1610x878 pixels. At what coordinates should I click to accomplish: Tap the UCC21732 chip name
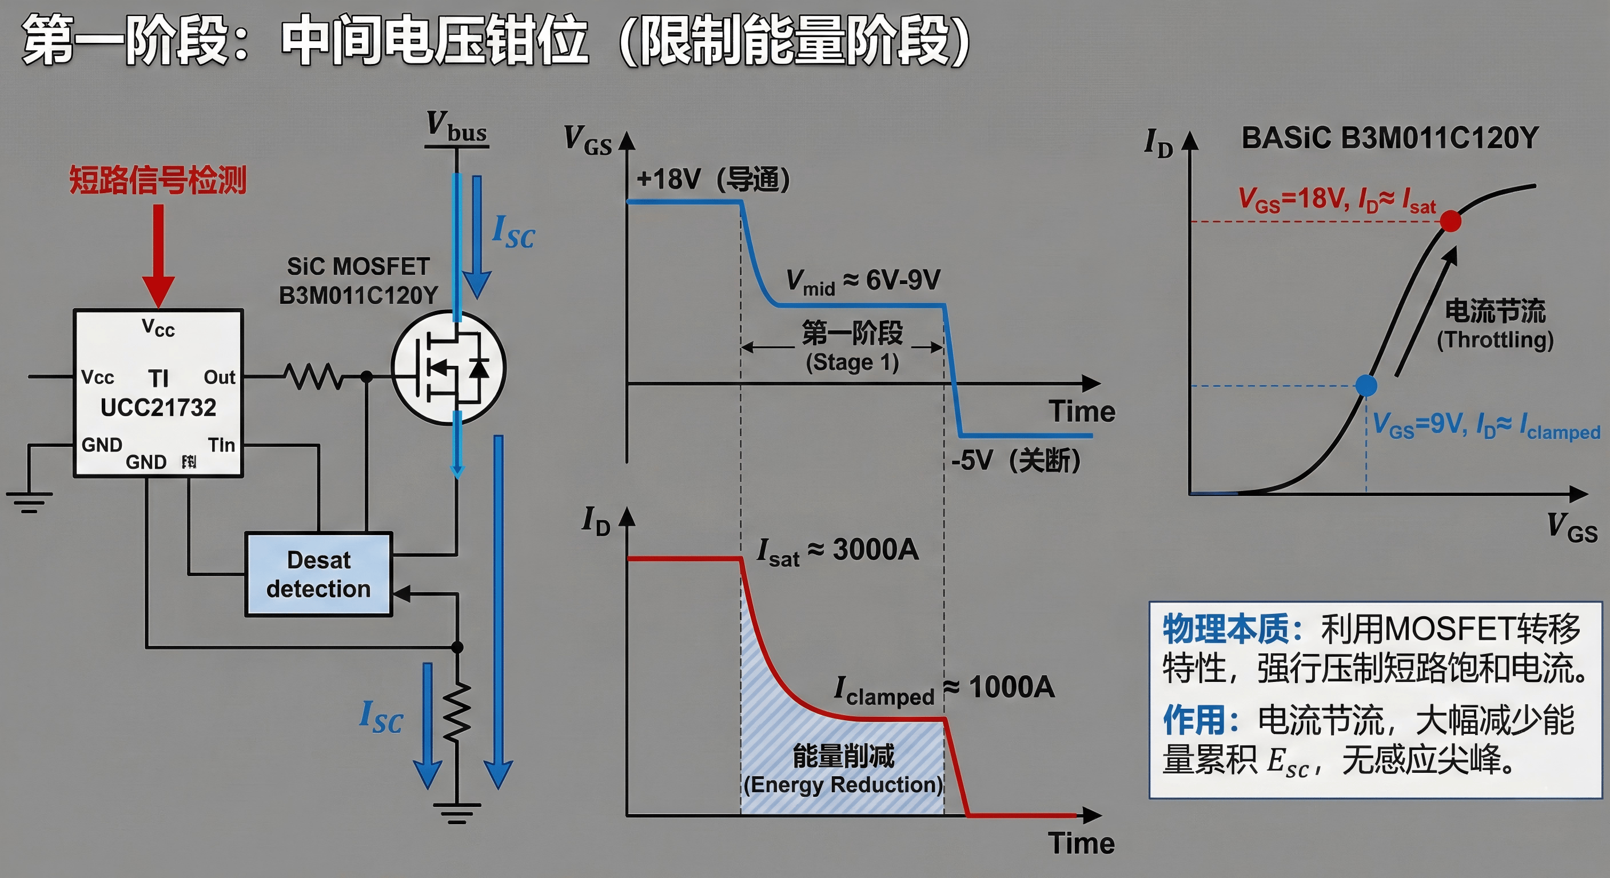[x=158, y=408]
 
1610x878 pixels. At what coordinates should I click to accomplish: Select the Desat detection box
[x=319, y=574]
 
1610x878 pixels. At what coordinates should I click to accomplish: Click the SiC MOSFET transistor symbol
[x=449, y=368]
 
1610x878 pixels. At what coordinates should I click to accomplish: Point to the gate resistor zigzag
[x=313, y=376]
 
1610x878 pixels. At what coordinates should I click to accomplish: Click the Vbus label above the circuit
[x=457, y=127]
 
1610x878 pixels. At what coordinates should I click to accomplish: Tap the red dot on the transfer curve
[x=1450, y=221]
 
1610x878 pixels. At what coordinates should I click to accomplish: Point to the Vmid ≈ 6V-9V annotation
[x=863, y=281]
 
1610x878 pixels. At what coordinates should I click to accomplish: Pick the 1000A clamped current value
[x=1011, y=688]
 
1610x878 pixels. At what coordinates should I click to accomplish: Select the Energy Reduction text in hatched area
[x=843, y=784]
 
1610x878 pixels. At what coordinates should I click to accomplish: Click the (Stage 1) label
[x=852, y=362]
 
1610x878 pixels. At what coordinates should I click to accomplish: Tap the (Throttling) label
[x=1495, y=340]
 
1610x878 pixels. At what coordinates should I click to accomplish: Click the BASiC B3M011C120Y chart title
[x=1389, y=138]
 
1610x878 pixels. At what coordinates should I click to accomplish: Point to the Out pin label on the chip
[x=220, y=377]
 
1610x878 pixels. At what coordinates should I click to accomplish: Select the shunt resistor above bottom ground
[x=457, y=712]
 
